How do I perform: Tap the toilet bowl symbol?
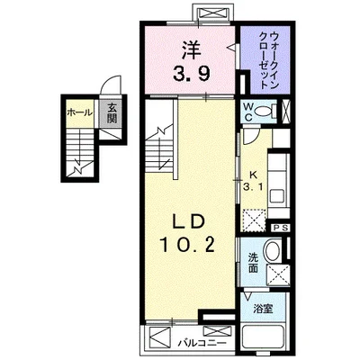point(265,112)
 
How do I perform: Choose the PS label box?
point(280,228)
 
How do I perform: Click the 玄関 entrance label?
point(113,113)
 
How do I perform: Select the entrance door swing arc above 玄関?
point(110,87)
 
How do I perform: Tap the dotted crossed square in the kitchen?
point(252,215)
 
